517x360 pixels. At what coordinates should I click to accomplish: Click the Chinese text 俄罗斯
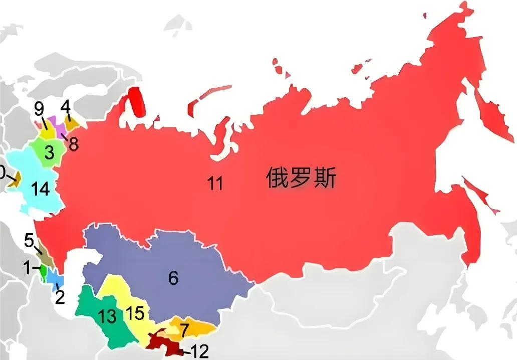coord(301,178)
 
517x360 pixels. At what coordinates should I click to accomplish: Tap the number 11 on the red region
coord(215,184)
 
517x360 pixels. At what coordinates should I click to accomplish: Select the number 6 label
coord(173,278)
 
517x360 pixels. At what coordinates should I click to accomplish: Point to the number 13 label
coord(108,316)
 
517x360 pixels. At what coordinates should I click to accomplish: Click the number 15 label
coord(136,313)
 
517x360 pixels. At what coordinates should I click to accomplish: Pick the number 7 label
coord(184,331)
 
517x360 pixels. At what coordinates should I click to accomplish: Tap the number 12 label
coord(199,351)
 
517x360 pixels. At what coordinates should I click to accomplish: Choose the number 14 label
coord(40,189)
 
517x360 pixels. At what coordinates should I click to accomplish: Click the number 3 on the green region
coord(49,152)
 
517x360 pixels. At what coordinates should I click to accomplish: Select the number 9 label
coord(39,108)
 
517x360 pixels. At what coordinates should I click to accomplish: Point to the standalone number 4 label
coord(66,106)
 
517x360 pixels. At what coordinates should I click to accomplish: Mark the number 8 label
coord(74,144)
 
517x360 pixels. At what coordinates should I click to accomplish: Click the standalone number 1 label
coord(28,268)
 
